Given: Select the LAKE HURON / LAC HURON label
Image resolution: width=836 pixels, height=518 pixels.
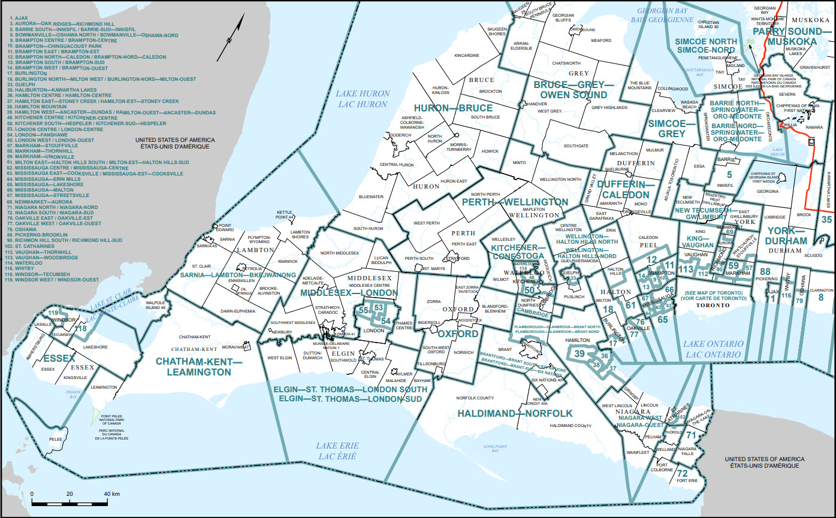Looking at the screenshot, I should click(362, 99).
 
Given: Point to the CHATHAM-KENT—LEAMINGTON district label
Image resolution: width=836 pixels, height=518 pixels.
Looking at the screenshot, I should click(193, 366).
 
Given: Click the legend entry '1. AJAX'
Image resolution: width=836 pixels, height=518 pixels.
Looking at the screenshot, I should click(17, 19).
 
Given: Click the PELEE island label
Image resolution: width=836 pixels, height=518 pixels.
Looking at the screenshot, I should click(56, 439).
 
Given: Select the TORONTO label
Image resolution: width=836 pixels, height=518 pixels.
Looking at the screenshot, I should click(712, 305).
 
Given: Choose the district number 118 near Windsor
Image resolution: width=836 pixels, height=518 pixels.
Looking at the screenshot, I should click(80, 328).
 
